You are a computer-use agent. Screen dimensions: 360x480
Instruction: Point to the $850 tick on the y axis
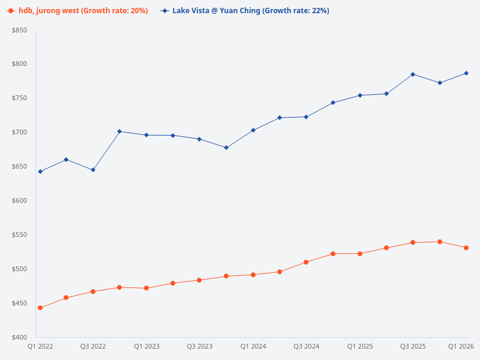click(x=19, y=30)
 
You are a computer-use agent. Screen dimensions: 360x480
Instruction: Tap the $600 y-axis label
click(x=19, y=200)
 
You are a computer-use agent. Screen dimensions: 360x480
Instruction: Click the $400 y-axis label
click(x=19, y=337)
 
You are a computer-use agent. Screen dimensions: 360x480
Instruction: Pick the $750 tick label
click(x=19, y=98)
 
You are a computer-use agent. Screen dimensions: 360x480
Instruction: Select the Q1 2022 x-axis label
click(x=40, y=347)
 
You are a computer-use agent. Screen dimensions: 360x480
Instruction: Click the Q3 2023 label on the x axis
click(x=199, y=347)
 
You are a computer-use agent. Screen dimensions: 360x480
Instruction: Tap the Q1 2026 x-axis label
click(x=461, y=347)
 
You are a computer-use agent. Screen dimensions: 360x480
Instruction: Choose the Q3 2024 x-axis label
click(x=306, y=347)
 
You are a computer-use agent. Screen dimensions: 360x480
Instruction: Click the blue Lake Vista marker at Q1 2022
click(x=40, y=172)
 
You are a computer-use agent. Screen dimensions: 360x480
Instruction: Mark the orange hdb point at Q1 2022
click(x=40, y=308)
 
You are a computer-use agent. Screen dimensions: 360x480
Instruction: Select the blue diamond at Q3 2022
click(x=93, y=170)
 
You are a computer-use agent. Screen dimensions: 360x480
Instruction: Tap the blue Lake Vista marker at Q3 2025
click(x=413, y=74)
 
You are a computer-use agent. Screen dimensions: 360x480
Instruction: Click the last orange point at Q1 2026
click(x=466, y=248)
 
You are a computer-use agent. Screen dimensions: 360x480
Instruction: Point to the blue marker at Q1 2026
click(x=466, y=73)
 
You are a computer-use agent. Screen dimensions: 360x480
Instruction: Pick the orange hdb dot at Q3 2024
click(x=306, y=262)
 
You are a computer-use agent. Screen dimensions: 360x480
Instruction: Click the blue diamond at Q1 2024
click(x=253, y=130)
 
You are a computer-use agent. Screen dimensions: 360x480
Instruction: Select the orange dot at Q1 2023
click(x=146, y=288)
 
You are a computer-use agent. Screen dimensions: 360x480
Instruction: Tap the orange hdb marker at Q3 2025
click(x=413, y=242)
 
